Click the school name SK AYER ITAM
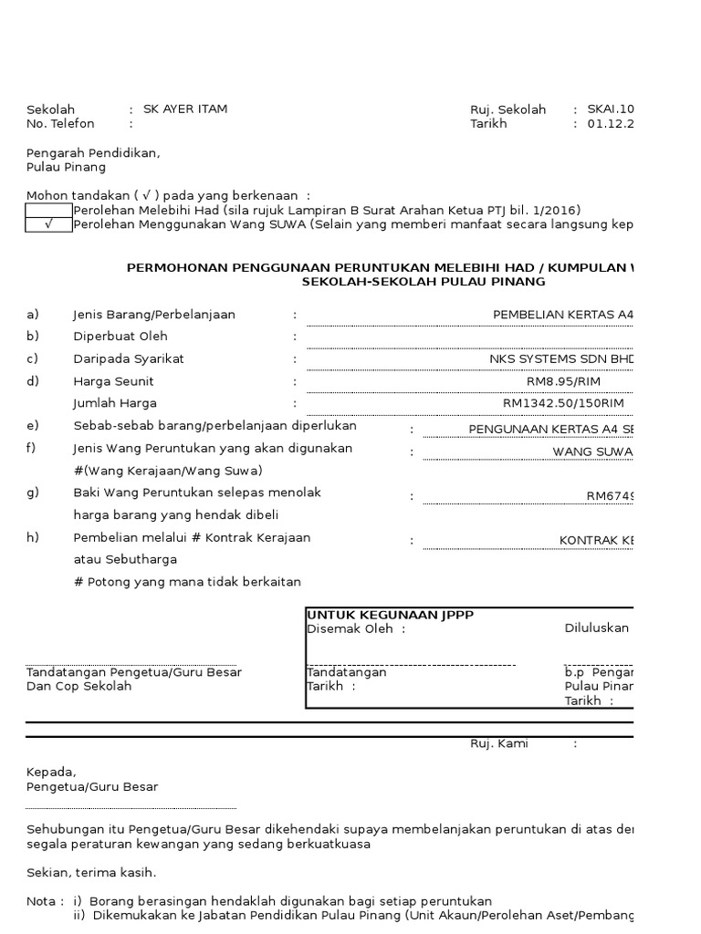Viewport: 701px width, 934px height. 185,109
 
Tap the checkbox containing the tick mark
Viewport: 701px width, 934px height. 49,225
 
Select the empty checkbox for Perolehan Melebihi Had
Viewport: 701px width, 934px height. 49,210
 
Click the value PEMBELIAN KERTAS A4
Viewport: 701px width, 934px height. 562,315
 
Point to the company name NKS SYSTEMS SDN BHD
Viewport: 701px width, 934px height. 560,358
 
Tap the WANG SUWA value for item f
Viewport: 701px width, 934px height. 592,451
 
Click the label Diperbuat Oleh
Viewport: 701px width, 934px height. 120,337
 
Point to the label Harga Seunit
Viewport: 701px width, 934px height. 113,381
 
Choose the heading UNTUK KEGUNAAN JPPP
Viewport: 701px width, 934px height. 390,615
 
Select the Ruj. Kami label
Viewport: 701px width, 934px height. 499,743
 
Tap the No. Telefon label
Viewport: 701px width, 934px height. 61,123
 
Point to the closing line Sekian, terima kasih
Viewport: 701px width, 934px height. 91,872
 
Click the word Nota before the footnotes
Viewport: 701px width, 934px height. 41,900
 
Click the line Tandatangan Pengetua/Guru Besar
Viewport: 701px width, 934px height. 134,672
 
